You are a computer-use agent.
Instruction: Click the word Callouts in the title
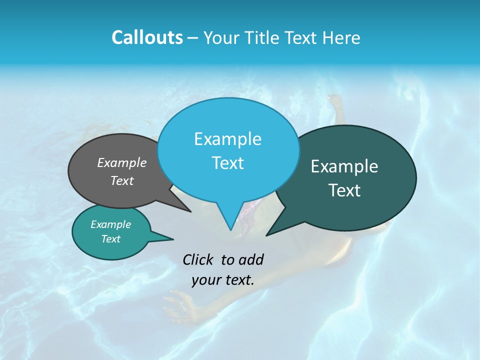click(x=147, y=37)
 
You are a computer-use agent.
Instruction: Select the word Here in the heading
click(x=342, y=37)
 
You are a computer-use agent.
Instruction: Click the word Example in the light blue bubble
click(x=227, y=139)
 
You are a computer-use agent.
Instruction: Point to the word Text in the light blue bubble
click(x=227, y=163)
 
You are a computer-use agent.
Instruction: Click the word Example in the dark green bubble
click(x=344, y=166)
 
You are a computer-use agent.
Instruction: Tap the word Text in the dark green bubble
click(x=344, y=190)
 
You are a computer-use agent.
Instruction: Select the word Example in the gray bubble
click(x=122, y=162)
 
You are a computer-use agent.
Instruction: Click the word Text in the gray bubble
click(x=122, y=180)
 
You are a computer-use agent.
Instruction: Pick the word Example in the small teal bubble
click(x=110, y=224)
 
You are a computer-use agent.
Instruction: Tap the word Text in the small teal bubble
click(x=110, y=239)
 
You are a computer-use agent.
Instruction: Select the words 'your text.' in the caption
click(x=223, y=280)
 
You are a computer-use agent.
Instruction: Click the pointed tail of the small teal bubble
click(x=172, y=239)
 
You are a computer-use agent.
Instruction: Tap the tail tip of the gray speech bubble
click(x=190, y=211)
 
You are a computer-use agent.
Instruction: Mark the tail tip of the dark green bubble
click(x=266, y=235)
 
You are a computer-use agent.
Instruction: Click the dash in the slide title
click(x=193, y=38)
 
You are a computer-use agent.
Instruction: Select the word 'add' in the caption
click(x=250, y=259)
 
